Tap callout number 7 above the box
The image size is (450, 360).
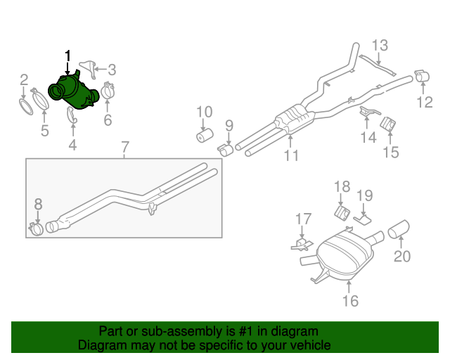(x=124, y=148)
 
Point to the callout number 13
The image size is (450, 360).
(x=380, y=46)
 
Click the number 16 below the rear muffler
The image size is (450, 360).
(x=350, y=301)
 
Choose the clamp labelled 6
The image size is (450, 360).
(x=108, y=91)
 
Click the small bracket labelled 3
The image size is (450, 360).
(x=88, y=67)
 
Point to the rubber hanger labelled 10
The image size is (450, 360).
(x=205, y=134)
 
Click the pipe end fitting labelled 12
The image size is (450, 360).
(x=423, y=76)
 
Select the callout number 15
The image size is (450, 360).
(x=390, y=152)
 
